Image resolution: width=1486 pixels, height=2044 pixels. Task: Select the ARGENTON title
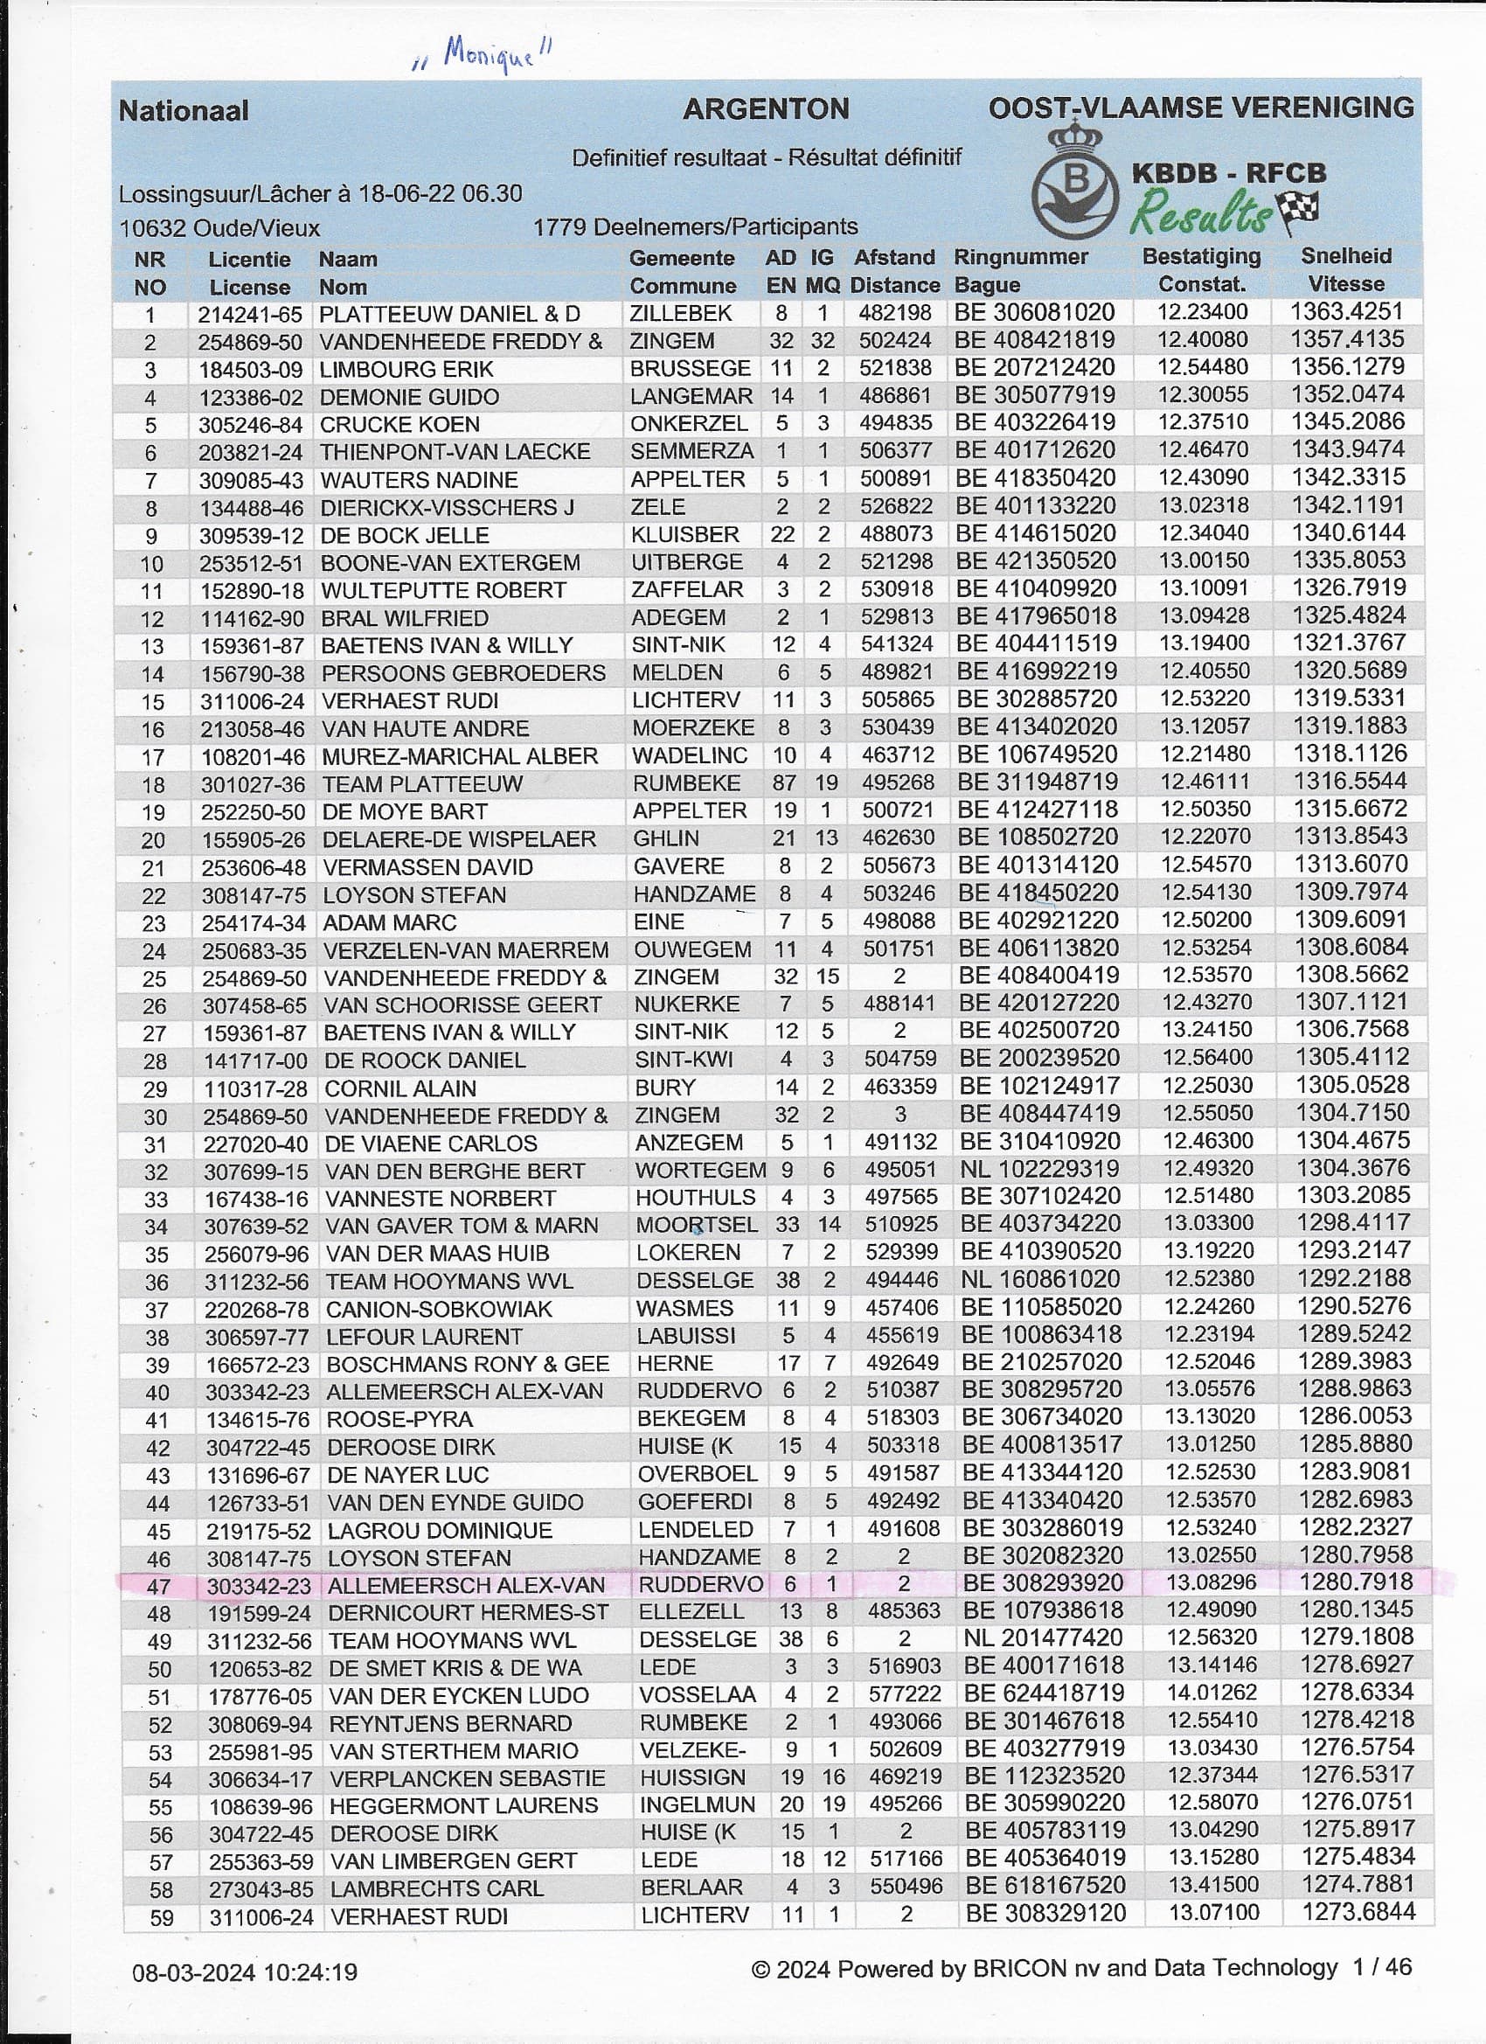(765, 110)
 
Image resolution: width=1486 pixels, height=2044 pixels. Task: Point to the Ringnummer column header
(1020, 258)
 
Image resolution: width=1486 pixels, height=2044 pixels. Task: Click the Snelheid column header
(1345, 256)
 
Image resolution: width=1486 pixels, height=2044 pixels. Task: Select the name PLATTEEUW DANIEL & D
(449, 315)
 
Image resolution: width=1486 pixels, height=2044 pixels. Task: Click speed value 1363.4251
(1346, 312)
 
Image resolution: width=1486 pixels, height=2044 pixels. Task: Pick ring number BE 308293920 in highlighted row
(1042, 1582)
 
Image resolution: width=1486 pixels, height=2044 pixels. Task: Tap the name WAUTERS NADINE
(419, 480)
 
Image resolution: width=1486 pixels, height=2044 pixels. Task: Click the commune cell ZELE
(658, 507)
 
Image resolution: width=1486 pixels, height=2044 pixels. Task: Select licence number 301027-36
(253, 785)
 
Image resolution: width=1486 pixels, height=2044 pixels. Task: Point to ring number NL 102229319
(1041, 1169)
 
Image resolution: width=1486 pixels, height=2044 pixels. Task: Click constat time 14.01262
(1212, 1693)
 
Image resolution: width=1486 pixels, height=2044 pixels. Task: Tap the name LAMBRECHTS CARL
(436, 1889)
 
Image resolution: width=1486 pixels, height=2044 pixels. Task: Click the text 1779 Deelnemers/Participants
(695, 226)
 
